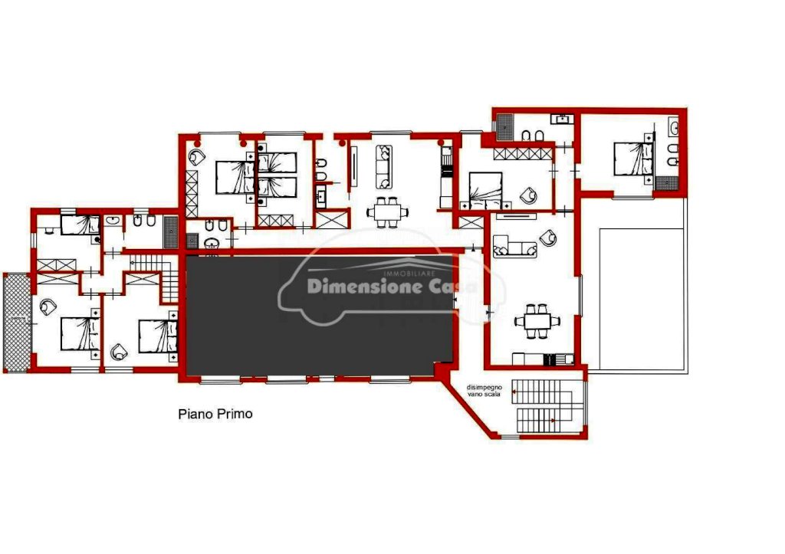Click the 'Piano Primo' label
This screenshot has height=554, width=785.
pos(215,414)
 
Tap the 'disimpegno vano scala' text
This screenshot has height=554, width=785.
pos(484,390)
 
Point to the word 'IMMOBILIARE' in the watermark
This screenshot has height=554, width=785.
pos(409,274)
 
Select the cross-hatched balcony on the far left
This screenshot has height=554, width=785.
pos(17,322)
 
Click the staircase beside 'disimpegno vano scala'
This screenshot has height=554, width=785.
pos(544,406)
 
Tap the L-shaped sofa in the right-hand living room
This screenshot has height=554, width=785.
pos(514,246)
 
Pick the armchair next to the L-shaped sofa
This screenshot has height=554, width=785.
pos(548,238)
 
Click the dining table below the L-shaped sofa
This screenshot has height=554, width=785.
pos(537,321)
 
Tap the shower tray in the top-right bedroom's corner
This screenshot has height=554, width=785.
pos(667,183)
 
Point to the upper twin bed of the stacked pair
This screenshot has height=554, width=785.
pos(277,162)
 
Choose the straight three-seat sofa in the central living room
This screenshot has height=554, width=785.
pos(384,166)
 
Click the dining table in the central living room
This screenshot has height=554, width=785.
pos(387,212)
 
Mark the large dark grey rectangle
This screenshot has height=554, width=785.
pos(320,315)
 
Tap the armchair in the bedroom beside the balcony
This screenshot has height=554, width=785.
pos(48,307)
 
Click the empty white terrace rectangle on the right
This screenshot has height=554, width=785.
pos(642,300)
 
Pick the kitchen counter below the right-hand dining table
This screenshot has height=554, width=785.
pos(544,359)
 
